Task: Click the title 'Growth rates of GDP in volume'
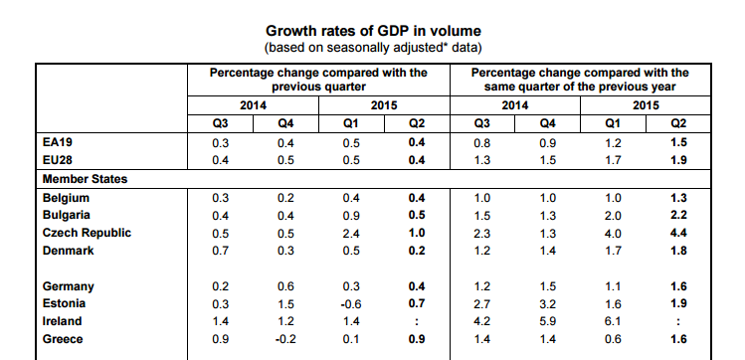click(x=373, y=31)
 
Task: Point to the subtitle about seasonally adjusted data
click(x=373, y=48)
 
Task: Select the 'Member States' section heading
click(x=86, y=179)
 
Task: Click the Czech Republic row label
click(x=87, y=233)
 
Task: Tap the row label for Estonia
click(x=64, y=303)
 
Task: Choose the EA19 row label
click(x=57, y=142)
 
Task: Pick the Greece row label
click(x=63, y=339)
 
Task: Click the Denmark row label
click(x=68, y=251)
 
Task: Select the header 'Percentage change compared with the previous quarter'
click(x=318, y=80)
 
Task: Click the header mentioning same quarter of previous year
click(x=580, y=80)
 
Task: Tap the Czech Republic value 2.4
click(x=351, y=234)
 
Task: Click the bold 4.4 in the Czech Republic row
click(x=678, y=233)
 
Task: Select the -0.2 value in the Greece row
click(x=284, y=339)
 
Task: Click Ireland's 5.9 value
click(x=547, y=321)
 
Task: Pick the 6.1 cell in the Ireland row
click(x=613, y=321)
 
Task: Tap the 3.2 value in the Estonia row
click(x=547, y=304)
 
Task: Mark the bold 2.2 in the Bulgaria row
click(x=678, y=215)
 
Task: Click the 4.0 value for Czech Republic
click(x=613, y=234)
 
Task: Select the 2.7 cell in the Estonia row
click(x=482, y=304)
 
